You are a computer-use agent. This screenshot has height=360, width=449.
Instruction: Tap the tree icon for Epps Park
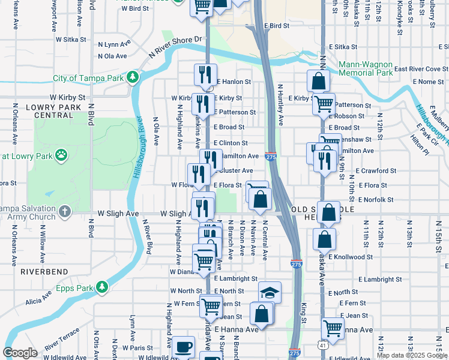tap(102, 287)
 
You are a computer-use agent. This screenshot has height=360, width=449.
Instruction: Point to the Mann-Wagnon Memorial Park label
tap(365, 68)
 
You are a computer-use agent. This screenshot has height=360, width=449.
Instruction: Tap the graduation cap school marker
tap(270, 292)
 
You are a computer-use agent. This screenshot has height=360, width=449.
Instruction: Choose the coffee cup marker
tap(183, 347)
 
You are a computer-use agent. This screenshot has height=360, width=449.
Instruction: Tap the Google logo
tap(20, 353)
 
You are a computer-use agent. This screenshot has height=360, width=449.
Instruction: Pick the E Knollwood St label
tap(351, 257)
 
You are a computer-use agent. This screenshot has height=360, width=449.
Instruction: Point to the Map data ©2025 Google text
tap(411, 355)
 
